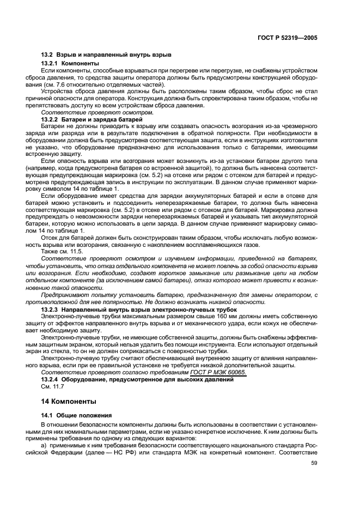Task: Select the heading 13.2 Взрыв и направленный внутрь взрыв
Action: [106, 55]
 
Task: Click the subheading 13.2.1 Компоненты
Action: [70, 64]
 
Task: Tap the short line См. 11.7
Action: [52, 386]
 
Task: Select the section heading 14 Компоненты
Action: [69, 402]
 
